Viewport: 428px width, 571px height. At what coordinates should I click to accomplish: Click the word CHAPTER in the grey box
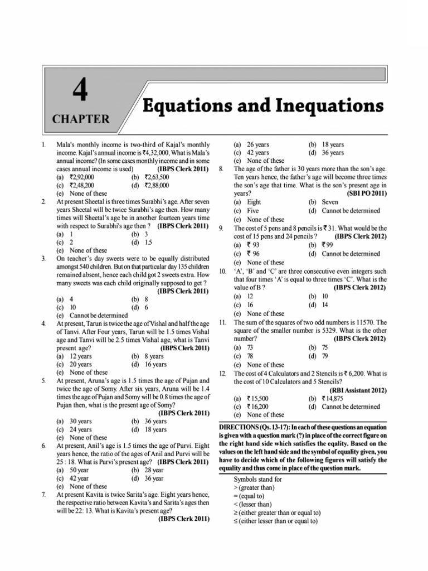tap(81, 119)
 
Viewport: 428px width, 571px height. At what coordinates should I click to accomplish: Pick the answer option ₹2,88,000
tap(155, 185)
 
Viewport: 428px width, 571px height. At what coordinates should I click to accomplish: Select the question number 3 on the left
tap(43, 259)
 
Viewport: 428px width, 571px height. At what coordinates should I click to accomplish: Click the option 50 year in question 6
tap(79, 470)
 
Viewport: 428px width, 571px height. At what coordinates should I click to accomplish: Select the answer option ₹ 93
tap(252, 245)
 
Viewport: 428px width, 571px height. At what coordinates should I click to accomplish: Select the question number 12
tap(222, 373)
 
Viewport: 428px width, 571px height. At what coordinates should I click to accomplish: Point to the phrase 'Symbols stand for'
tap(260, 479)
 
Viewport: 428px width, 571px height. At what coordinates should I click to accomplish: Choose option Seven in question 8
tap(330, 202)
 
